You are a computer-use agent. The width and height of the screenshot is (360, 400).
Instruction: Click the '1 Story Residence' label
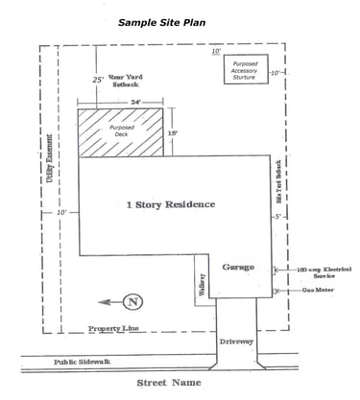pos(171,204)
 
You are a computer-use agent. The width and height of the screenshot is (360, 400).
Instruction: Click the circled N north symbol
pos(133,302)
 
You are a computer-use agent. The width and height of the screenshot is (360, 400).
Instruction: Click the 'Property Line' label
pos(114,328)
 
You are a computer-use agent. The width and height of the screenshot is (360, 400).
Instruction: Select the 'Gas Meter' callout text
pos(318,289)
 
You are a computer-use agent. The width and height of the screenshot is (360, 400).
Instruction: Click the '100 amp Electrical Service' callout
pos(318,272)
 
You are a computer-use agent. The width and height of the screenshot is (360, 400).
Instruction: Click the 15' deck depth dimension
pos(172,133)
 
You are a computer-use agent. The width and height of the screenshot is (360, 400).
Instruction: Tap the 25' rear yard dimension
pos(97,80)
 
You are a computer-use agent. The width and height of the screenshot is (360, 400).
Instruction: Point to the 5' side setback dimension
pos(277,218)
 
